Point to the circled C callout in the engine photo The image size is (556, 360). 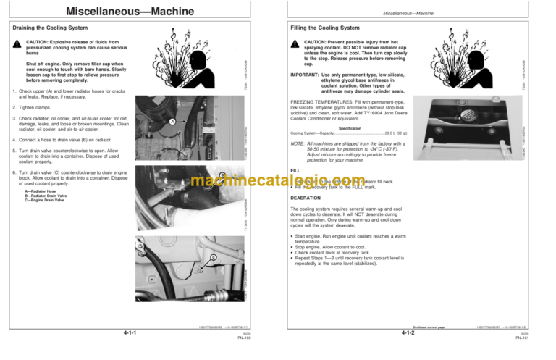(214, 258)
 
